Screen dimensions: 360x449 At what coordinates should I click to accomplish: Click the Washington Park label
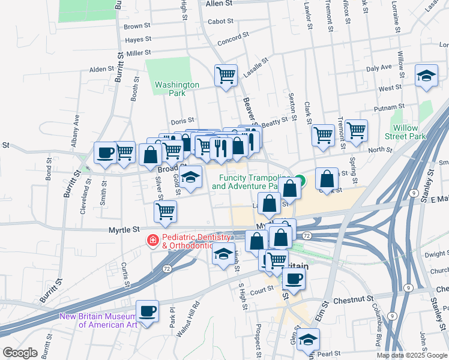(x=176, y=89)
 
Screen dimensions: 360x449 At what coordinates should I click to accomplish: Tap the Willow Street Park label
(x=409, y=132)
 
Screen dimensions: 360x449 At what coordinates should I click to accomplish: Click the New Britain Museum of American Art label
(x=98, y=320)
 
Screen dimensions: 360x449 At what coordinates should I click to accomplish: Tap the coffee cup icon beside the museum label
(x=147, y=311)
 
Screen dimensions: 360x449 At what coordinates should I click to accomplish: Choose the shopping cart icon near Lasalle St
(x=226, y=76)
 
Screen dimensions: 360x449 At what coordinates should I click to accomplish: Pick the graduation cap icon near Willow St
(x=426, y=76)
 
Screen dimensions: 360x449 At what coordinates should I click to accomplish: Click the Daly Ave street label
(x=379, y=68)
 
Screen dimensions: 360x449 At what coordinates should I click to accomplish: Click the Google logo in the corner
(x=20, y=353)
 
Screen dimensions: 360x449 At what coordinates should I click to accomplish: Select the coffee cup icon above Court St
(x=294, y=278)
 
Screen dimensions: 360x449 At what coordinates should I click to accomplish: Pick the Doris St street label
(x=182, y=121)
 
